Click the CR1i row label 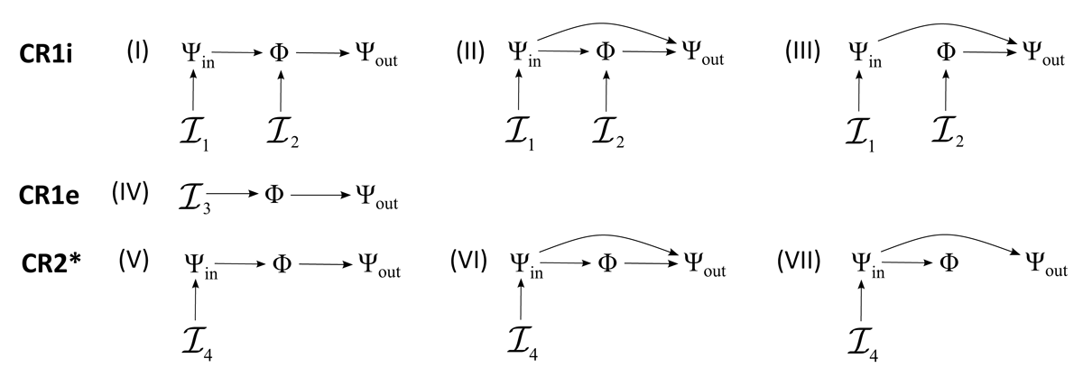[47, 53]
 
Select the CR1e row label [50, 195]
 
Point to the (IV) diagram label [131, 194]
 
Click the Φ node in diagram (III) [946, 52]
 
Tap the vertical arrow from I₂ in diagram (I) [282, 94]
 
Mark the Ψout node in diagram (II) [704, 54]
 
